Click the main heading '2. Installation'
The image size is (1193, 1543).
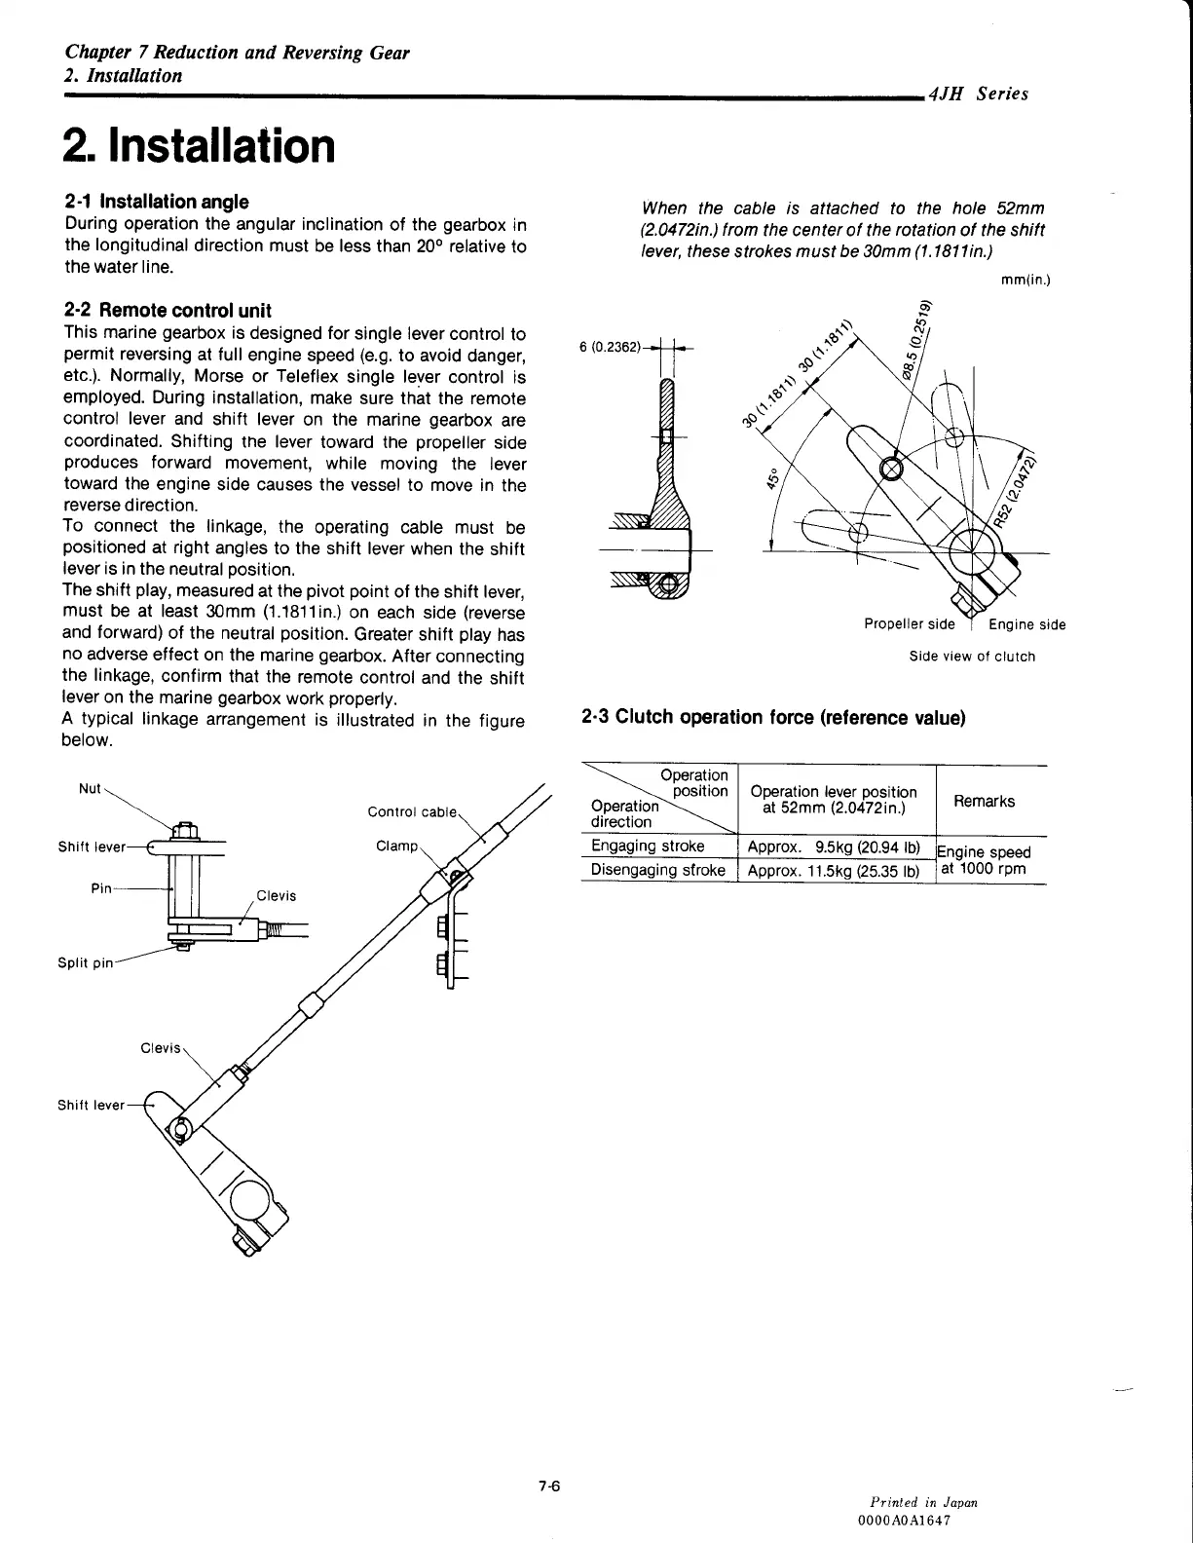tap(199, 145)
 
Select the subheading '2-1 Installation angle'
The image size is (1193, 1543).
tap(156, 202)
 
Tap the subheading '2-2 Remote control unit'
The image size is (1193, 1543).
tap(167, 311)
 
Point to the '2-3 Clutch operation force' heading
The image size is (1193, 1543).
tap(772, 718)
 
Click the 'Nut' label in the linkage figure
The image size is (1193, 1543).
tap(89, 788)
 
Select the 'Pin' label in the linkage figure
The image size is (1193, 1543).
tap(100, 887)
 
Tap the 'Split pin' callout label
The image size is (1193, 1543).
tap(85, 963)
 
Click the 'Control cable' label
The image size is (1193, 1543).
tap(411, 812)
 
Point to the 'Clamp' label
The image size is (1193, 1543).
tap(396, 846)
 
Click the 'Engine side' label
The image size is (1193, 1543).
tap(1026, 624)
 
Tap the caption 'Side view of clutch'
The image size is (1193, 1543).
tap(972, 657)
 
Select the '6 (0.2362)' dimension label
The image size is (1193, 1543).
tap(610, 347)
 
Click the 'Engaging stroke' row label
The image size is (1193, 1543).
tap(648, 846)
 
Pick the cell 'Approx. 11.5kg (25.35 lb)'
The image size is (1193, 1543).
tap(834, 870)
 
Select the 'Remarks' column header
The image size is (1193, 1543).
tap(984, 801)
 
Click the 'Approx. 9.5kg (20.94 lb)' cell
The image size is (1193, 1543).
tap(834, 846)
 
